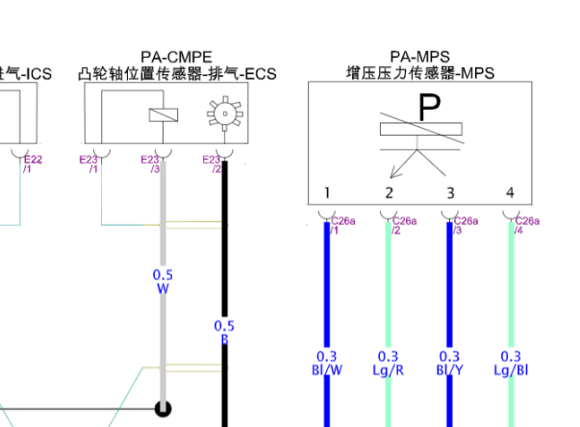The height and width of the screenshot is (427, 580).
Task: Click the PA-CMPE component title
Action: tap(175, 58)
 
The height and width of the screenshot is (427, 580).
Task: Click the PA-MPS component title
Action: tap(420, 58)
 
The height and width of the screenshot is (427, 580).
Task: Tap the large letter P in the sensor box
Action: tap(428, 109)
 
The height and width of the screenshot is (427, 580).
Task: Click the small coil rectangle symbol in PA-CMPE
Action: tap(163, 115)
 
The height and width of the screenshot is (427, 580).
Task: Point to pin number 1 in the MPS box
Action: tap(327, 193)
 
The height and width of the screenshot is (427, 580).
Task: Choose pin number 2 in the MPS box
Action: tap(389, 193)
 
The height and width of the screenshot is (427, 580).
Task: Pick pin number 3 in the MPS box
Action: tap(449, 193)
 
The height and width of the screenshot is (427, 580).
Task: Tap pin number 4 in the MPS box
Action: tap(510, 193)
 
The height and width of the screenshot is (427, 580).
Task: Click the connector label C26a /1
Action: tap(341, 225)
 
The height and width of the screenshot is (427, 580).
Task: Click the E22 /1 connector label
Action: tap(33, 164)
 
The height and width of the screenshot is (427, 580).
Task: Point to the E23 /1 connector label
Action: tap(90, 164)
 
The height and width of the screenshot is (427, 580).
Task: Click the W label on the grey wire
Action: tap(163, 289)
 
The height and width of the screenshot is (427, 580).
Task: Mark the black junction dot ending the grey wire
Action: tap(163, 409)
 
